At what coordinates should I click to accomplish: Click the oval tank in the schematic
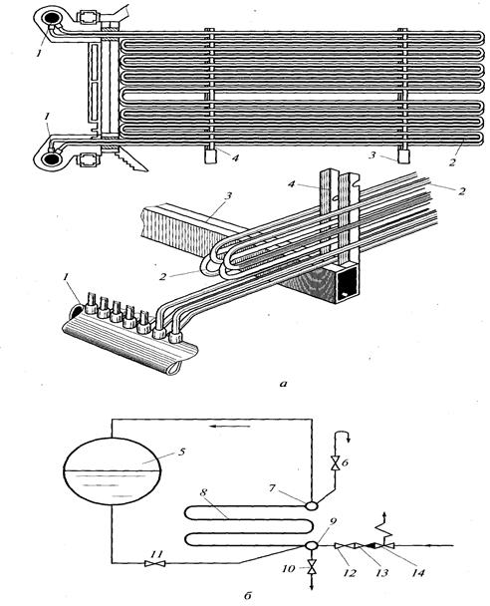(112, 470)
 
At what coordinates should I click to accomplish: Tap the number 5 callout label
(182, 452)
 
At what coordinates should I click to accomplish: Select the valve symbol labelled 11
(154, 563)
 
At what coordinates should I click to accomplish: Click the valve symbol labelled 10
(311, 569)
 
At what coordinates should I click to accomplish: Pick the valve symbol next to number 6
(335, 462)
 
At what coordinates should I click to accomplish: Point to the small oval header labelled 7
(311, 504)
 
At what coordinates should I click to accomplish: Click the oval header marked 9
(311, 545)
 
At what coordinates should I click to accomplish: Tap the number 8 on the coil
(203, 492)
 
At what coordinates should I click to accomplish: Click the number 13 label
(381, 572)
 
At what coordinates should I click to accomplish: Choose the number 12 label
(349, 572)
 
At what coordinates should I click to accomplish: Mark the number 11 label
(156, 554)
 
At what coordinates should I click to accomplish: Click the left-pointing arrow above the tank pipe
(230, 427)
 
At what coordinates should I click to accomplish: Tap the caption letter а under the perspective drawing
(284, 384)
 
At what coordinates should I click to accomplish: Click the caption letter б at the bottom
(248, 596)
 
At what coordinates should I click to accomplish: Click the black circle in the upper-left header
(50, 19)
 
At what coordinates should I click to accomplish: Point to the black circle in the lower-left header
(50, 158)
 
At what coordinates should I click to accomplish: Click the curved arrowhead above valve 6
(348, 439)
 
